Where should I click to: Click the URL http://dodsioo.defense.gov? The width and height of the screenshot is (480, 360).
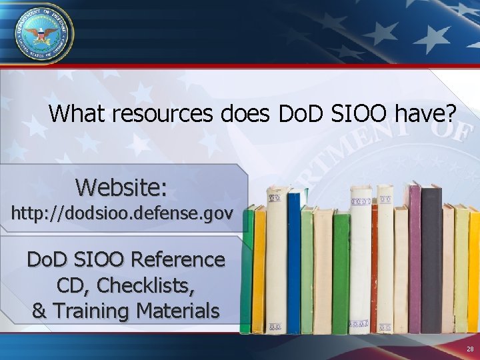click(122, 214)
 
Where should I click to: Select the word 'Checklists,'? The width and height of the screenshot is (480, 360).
click(148, 285)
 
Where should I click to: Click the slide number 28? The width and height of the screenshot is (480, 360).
click(470, 349)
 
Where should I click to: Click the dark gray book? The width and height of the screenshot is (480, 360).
click(431, 260)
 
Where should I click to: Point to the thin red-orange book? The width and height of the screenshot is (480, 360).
click(375, 267)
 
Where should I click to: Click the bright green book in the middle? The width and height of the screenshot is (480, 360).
click(341, 273)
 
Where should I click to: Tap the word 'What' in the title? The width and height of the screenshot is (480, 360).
click(77, 114)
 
